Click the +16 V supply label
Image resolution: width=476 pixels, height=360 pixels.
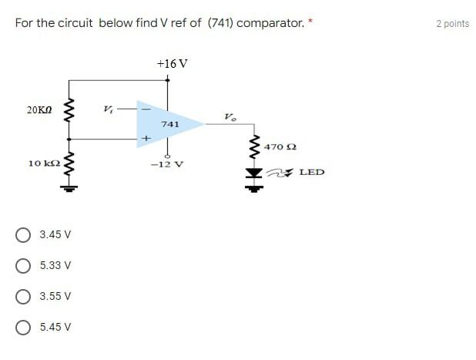point(171,63)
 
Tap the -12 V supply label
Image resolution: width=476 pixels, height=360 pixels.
point(166,164)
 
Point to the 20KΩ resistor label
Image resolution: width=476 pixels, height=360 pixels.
point(39,110)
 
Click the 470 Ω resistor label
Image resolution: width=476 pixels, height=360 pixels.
point(280,146)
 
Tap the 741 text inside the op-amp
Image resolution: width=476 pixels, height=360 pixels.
point(170,123)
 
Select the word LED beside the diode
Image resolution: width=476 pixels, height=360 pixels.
point(311,172)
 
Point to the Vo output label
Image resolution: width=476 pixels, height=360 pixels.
point(230,117)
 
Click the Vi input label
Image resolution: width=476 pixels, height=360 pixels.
point(109,108)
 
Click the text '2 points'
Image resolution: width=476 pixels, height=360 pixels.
point(452,23)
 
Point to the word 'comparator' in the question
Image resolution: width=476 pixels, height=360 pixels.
point(270,23)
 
